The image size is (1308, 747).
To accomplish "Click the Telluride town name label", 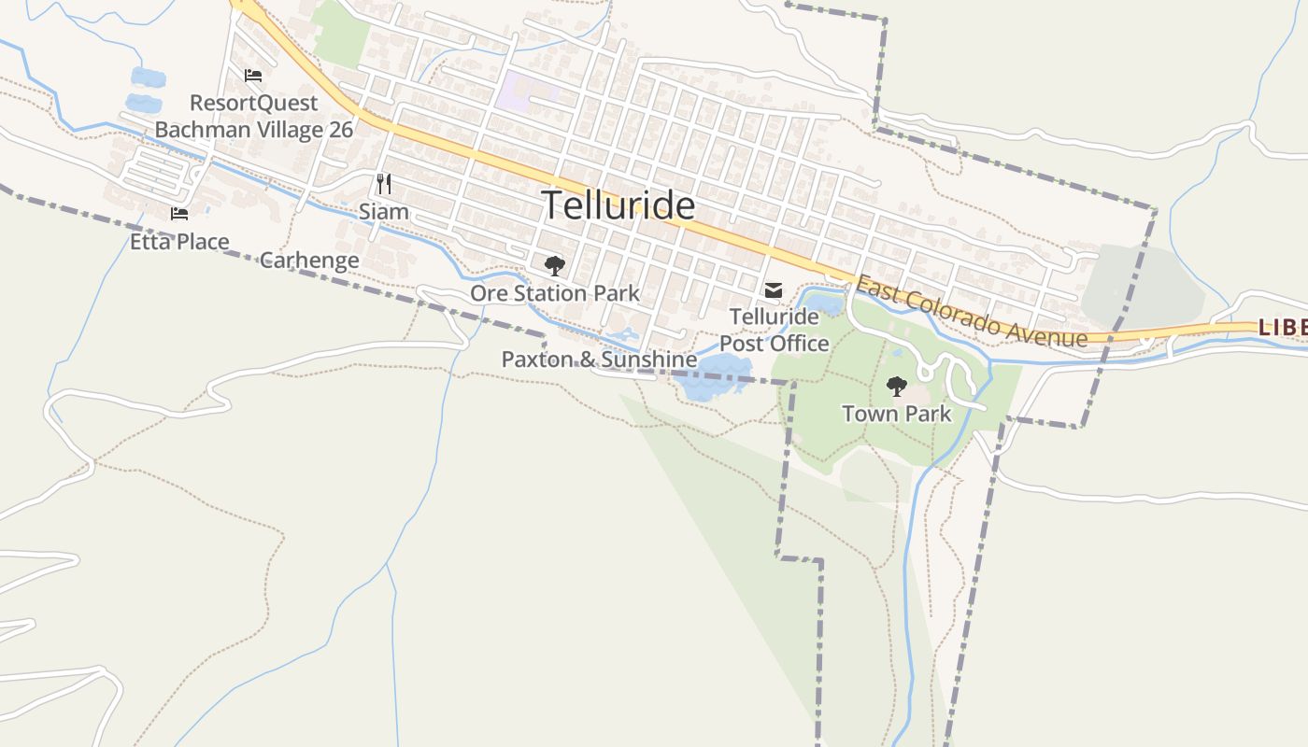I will click(618, 205).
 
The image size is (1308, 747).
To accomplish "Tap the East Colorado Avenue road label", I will click(972, 313).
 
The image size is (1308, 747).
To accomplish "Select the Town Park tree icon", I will click(896, 386).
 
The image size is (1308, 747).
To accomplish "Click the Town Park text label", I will click(896, 414).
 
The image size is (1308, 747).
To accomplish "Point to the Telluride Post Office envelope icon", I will click(774, 291).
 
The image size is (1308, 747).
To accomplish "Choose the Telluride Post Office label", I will click(774, 331).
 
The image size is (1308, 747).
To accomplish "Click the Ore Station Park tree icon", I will click(555, 266).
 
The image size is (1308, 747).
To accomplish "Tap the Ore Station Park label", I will click(555, 293).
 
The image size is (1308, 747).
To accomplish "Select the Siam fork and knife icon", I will click(383, 183).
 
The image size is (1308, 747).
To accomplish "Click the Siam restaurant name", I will click(384, 212).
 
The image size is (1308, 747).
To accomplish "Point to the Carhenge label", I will click(309, 261).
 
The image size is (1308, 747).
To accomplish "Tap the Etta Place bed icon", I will click(179, 214).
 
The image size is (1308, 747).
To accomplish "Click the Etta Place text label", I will click(179, 242).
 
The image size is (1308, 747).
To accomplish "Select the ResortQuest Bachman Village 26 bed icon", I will click(253, 76).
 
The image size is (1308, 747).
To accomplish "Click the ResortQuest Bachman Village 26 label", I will click(254, 116).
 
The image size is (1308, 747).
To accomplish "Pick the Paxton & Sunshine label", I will click(599, 359).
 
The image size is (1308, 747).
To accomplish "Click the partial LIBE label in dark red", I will click(1282, 328).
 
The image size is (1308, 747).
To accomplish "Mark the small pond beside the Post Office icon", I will click(823, 303).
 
